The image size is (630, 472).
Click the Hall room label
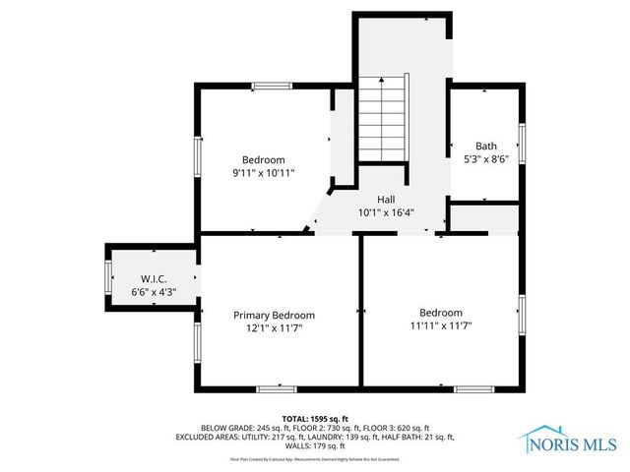pos(372,199)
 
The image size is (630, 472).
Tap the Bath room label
pos(486,145)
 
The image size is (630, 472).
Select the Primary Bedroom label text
pos(274,315)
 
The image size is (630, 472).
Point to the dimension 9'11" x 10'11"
pos(264,173)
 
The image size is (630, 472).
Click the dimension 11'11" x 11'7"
pos(440,325)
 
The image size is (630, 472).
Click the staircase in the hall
pos(382,121)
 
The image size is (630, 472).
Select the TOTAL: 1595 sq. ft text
pos(314,417)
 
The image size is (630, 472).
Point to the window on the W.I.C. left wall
pos(107,275)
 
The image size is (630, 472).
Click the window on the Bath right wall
pos(523,144)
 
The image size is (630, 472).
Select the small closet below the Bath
pos(484,218)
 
